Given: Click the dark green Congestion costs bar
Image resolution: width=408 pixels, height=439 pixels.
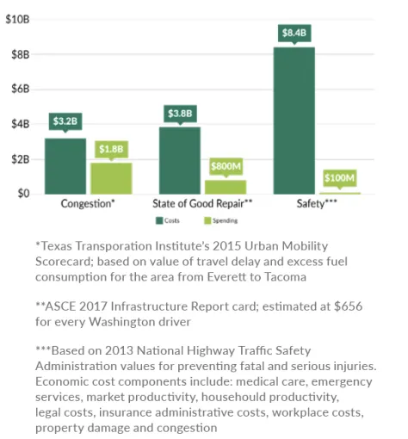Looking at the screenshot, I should pyautogui.click(x=65, y=166).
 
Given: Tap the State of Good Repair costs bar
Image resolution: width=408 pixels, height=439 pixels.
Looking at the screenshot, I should pyautogui.click(x=179, y=160).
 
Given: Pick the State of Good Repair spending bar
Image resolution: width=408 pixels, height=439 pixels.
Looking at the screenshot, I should pyautogui.click(x=225, y=186).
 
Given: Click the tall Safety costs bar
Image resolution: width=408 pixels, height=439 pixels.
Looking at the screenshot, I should pyautogui.click(x=294, y=121).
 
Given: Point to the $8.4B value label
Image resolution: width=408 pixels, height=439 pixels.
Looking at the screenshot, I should pyautogui.click(x=294, y=34).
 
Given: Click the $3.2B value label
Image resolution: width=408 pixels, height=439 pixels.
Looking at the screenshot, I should pyautogui.click(x=65, y=122).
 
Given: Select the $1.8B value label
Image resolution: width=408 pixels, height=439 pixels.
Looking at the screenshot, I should pyautogui.click(x=111, y=148).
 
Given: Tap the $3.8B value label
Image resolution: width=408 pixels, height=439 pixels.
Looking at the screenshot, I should pyautogui.click(x=179, y=112).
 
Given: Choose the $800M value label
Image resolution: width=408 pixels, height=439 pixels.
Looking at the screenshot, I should pyautogui.click(x=225, y=165).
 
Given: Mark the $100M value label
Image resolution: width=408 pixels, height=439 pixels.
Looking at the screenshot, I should pyautogui.click(x=338, y=178).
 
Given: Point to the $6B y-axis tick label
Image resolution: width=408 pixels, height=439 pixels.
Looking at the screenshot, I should pyautogui.click(x=20, y=89).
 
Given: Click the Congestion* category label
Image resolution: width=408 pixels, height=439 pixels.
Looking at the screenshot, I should pyautogui.click(x=88, y=205).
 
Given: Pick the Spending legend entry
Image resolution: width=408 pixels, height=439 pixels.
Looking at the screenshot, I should pyautogui.click(x=221, y=220).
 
